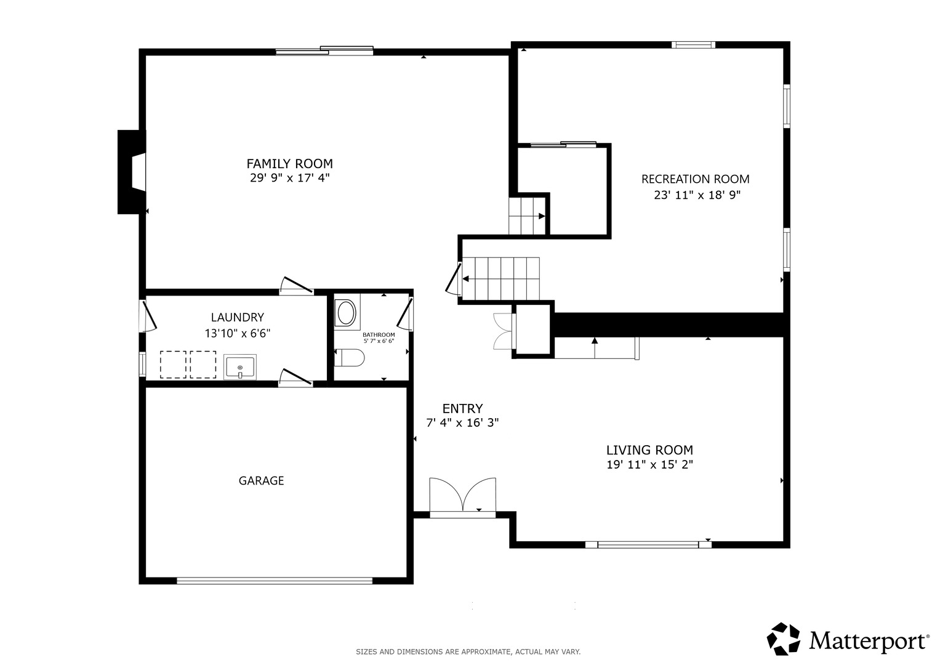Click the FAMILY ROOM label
pyautogui.click(x=289, y=163)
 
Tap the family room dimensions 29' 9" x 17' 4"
pyautogui.click(x=289, y=178)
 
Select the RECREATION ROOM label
pyautogui.click(x=696, y=179)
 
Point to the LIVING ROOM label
pyautogui.click(x=649, y=450)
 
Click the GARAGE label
pyautogui.click(x=261, y=481)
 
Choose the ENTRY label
pyautogui.click(x=462, y=408)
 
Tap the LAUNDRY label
pyautogui.click(x=238, y=317)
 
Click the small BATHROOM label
pyautogui.click(x=379, y=334)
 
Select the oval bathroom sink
pyautogui.click(x=347, y=312)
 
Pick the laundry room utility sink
pyautogui.click(x=240, y=367)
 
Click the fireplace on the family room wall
pyautogui.click(x=132, y=172)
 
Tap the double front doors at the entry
pyautogui.click(x=462, y=497)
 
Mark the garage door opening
pyautogui.click(x=275, y=581)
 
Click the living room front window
pyautogui.click(x=648, y=545)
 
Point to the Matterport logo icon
pyautogui.click(x=783, y=639)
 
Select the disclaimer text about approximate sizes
pyautogui.click(x=468, y=652)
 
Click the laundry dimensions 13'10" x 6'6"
pyautogui.click(x=238, y=333)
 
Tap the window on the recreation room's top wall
pyautogui.click(x=693, y=45)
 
